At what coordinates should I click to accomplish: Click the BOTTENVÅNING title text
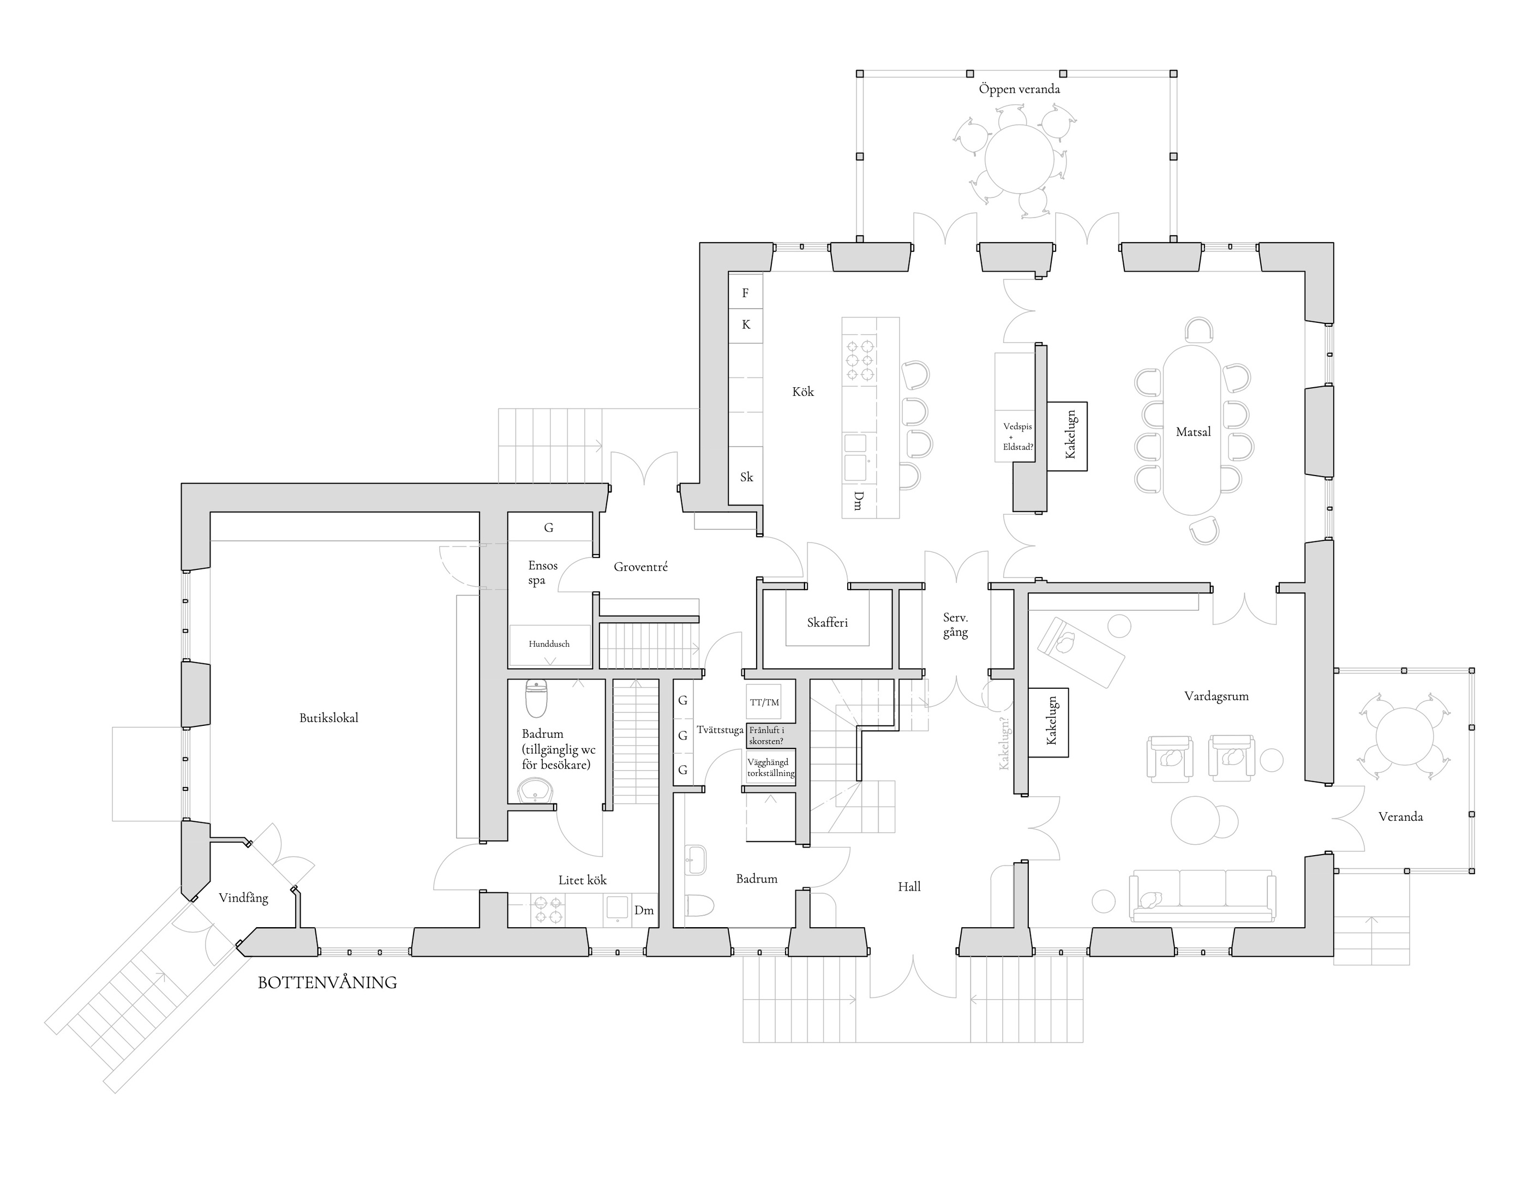[x=327, y=982]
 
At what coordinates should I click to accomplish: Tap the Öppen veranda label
[x=1019, y=89]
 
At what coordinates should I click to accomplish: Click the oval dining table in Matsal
[x=1192, y=430]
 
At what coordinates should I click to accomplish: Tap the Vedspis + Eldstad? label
[x=1017, y=437]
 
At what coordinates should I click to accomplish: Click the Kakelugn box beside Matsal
[x=1067, y=436]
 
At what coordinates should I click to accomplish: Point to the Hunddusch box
[x=550, y=645]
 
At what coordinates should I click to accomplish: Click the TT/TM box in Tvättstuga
[x=764, y=702]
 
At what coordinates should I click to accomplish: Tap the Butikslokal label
[x=329, y=718]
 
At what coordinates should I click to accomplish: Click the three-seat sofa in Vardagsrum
[x=1202, y=895]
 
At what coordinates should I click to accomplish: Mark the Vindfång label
[x=243, y=898]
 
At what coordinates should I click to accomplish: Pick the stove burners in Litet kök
[x=548, y=910]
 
